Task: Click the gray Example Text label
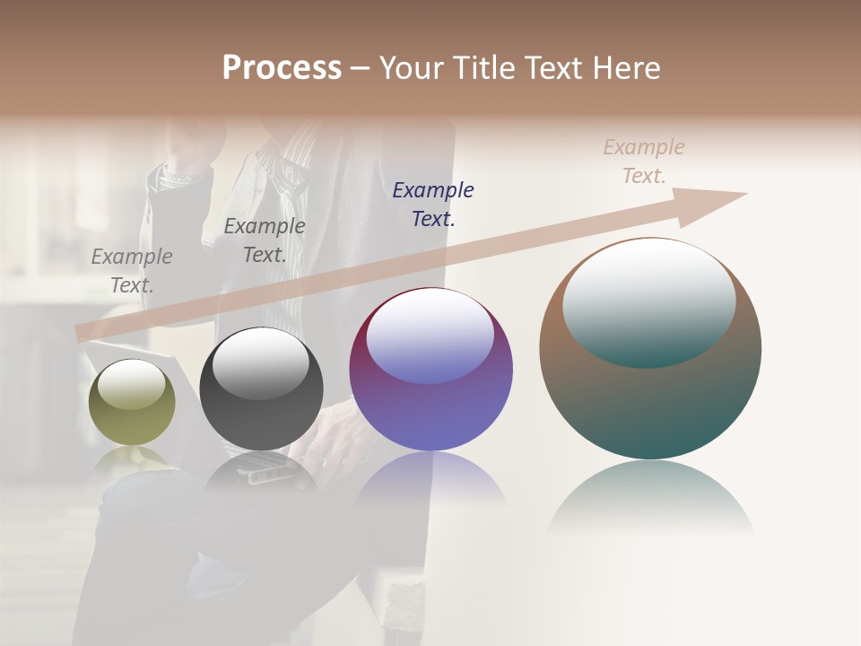point(132,270)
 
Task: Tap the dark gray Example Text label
point(265,240)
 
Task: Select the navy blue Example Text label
point(433,204)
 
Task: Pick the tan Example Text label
point(644,161)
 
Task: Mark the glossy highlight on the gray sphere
point(261,362)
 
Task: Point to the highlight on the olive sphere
point(132,385)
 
